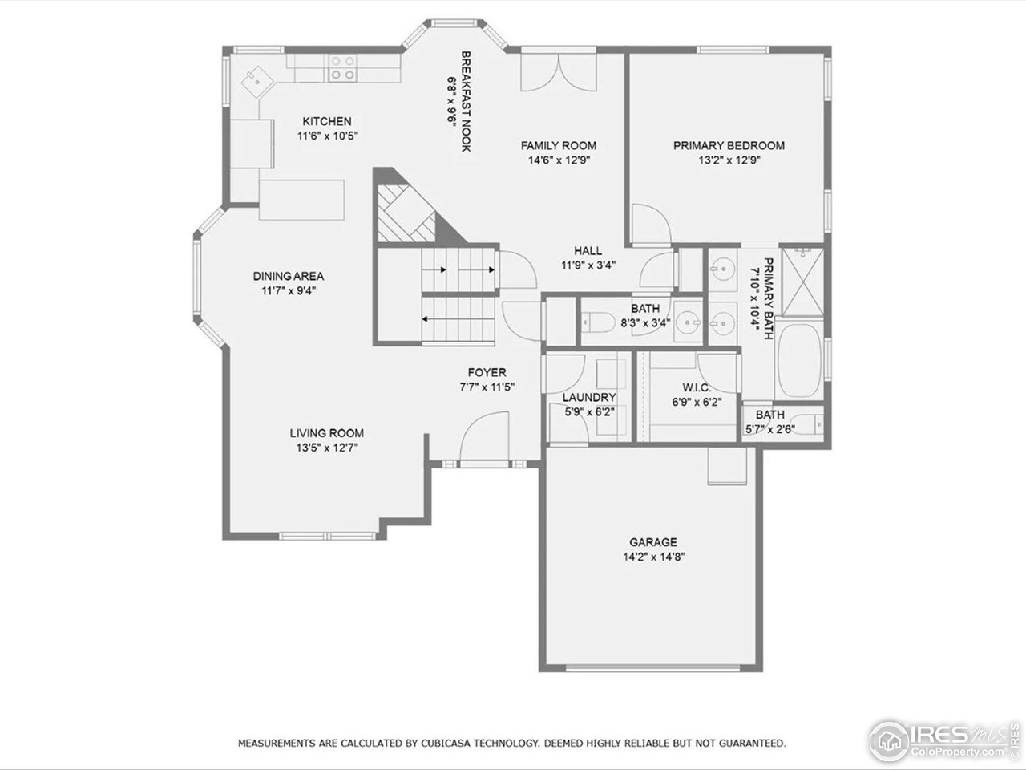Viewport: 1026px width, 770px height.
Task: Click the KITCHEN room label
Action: click(326, 121)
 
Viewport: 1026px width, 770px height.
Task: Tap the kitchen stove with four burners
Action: click(342, 67)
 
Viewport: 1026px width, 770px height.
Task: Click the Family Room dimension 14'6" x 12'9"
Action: click(558, 160)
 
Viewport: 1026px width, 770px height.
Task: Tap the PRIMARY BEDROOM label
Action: click(728, 145)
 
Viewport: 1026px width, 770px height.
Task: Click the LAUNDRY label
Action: click(588, 397)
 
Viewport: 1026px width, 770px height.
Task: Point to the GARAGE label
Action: click(652, 542)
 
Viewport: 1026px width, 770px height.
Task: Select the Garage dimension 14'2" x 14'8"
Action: click(652, 557)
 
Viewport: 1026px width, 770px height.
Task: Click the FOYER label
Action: click(487, 372)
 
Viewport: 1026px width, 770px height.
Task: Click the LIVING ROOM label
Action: click(326, 433)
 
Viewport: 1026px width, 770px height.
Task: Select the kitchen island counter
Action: click(301, 199)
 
